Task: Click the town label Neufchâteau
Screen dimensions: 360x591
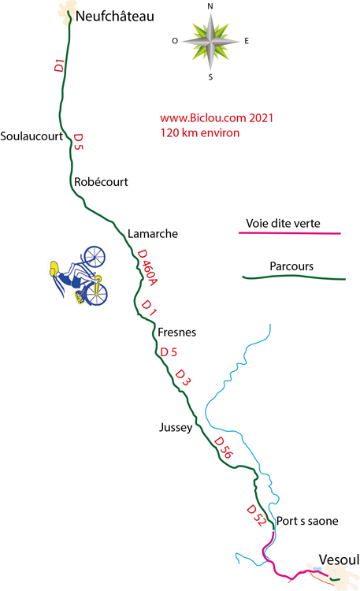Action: click(x=114, y=17)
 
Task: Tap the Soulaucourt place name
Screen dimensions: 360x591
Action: click(x=32, y=136)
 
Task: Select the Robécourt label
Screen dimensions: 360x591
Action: click(x=101, y=182)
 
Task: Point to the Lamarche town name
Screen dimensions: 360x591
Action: click(x=153, y=234)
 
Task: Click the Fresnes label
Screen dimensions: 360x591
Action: click(x=176, y=332)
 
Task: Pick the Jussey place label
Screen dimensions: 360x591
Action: click(x=176, y=427)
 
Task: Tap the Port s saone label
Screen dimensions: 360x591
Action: click(x=307, y=521)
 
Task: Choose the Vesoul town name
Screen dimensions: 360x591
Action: click(x=339, y=559)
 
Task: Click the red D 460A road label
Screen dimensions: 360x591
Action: click(x=147, y=267)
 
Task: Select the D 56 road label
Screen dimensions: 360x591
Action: click(x=224, y=448)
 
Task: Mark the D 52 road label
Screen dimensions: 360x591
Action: click(x=256, y=515)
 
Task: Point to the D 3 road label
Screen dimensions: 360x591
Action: click(x=183, y=377)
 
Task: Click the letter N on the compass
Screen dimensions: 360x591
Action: click(x=210, y=6)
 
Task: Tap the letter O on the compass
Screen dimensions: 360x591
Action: click(x=175, y=41)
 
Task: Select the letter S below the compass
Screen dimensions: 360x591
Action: click(x=210, y=77)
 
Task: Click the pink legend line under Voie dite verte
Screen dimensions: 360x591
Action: click(x=290, y=233)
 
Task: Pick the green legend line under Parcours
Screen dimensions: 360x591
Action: click(x=294, y=277)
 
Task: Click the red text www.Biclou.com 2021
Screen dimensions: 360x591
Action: click(x=217, y=118)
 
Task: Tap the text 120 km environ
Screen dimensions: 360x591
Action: click(x=200, y=132)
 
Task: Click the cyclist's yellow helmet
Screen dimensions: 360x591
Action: click(x=54, y=268)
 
